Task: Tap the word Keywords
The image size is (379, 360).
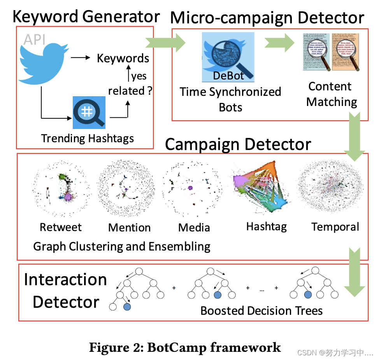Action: (x=123, y=58)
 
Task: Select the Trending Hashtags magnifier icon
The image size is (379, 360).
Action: (x=89, y=113)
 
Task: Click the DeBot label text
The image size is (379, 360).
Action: (x=228, y=75)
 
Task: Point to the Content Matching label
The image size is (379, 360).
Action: (x=332, y=94)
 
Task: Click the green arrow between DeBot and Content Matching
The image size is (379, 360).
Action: (x=280, y=42)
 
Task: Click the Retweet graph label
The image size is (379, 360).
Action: (x=61, y=227)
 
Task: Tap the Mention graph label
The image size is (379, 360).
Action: (x=129, y=228)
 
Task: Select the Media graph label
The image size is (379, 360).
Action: (x=194, y=228)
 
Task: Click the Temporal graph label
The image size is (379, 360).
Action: (x=335, y=227)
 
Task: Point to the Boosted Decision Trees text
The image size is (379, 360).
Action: (x=261, y=311)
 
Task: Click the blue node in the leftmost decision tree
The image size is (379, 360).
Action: (x=127, y=307)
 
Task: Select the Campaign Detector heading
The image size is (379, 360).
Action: (x=238, y=144)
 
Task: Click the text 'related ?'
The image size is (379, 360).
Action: (x=130, y=91)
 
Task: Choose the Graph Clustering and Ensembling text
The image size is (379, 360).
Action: (x=122, y=246)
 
